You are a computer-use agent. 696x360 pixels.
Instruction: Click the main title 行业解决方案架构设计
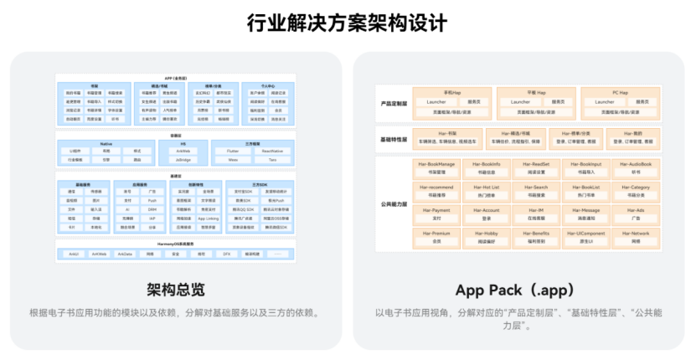[x=347, y=23]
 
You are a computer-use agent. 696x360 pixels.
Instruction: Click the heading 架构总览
[x=175, y=290]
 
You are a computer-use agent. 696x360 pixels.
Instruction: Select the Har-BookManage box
[x=437, y=167]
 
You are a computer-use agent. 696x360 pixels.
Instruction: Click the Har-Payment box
[x=437, y=213]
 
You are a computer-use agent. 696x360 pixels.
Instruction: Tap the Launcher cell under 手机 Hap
[x=436, y=101]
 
